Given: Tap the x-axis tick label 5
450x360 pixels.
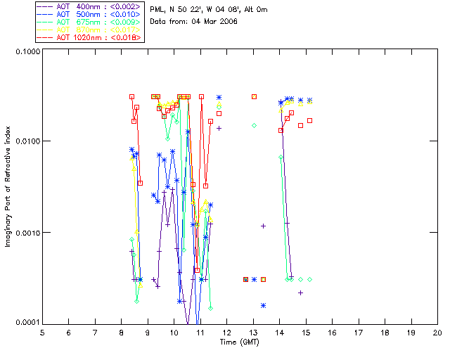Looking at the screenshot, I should [x=42, y=333].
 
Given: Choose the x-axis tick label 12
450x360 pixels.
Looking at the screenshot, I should [x=226, y=333].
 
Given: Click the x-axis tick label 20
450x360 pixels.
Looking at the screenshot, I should [x=437, y=333].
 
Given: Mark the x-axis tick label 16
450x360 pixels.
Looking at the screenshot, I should [x=332, y=333].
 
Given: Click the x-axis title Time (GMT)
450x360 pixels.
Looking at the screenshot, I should [x=239, y=342].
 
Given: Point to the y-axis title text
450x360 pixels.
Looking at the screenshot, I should [x=8, y=188].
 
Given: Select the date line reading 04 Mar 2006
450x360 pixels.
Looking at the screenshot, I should [x=194, y=21].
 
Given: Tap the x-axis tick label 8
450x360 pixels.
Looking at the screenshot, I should [x=122, y=333].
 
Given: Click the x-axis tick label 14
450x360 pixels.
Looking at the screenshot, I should [x=279, y=333].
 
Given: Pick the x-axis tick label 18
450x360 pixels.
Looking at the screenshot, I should [x=385, y=333].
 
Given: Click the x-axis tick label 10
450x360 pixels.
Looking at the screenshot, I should [x=174, y=333].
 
